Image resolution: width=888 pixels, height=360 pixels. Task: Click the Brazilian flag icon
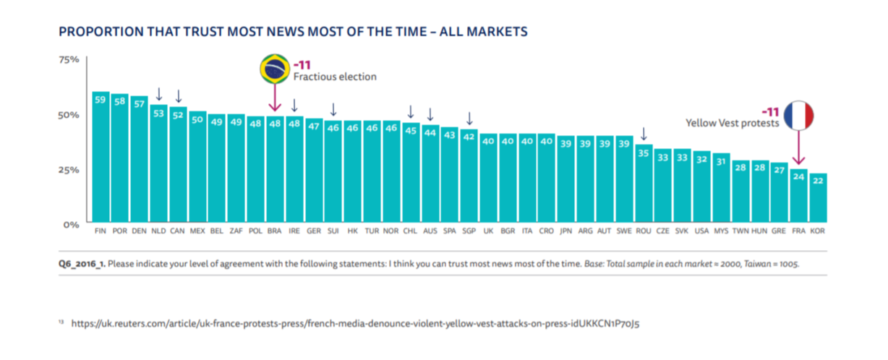click(x=274, y=69)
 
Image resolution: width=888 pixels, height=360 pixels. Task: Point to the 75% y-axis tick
click(x=69, y=59)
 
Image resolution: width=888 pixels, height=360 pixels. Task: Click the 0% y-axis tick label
click(x=70, y=224)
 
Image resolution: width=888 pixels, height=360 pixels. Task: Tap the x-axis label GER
click(x=314, y=231)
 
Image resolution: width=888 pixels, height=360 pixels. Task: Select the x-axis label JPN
click(x=565, y=231)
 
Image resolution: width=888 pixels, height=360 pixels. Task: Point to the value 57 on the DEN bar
click(x=139, y=103)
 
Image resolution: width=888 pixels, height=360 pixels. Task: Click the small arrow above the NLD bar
click(x=159, y=95)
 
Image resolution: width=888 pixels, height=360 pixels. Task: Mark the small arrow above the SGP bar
click(x=469, y=119)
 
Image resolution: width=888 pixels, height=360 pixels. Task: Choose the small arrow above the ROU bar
click(x=644, y=134)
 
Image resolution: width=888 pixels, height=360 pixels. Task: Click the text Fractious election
click(x=334, y=77)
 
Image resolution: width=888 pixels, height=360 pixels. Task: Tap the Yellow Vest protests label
click(x=732, y=124)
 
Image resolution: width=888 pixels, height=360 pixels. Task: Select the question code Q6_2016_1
click(x=82, y=265)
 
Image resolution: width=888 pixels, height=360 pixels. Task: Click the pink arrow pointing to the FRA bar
click(x=798, y=148)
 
